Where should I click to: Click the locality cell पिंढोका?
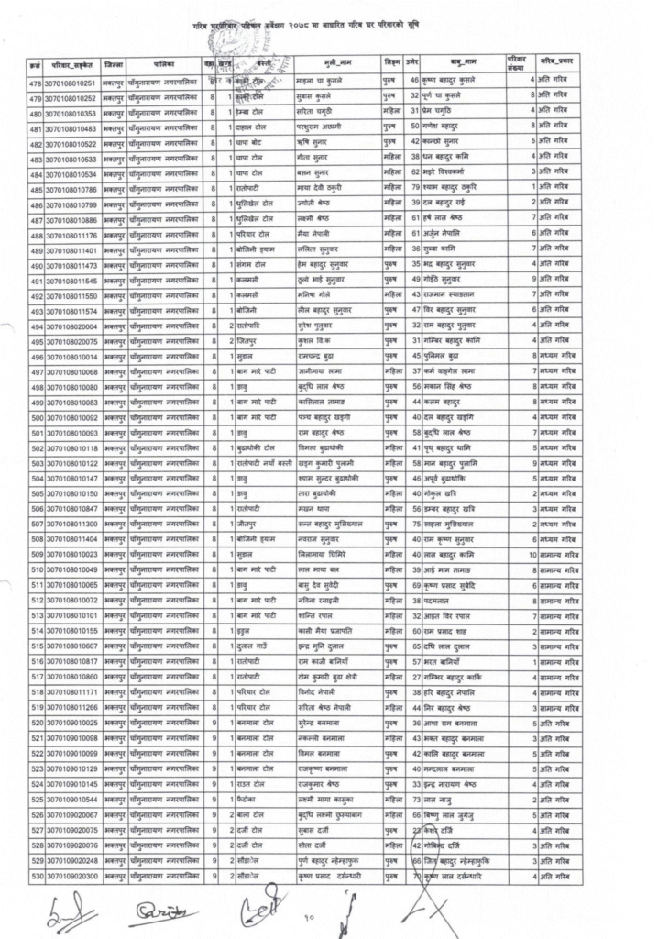247,800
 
